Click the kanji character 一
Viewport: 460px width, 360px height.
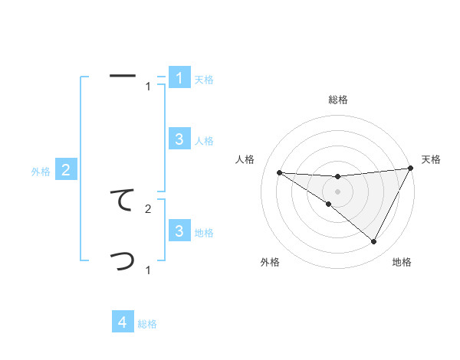pyautogui.click(x=123, y=76)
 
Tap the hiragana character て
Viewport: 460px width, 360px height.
pyautogui.click(x=123, y=200)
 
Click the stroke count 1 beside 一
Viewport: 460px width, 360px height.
pyautogui.click(x=148, y=87)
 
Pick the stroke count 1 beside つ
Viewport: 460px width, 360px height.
pyautogui.click(x=148, y=270)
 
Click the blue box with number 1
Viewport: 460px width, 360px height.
pyautogui.click(x=179, y=78)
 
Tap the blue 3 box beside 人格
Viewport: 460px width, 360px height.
pyautogui.click(x=179, y=139)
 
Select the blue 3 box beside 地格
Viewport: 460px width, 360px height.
pyautogui.click(x=179, y=231)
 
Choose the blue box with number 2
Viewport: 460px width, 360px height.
pyautogui.click(x=66, y=170)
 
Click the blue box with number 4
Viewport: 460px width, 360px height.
pyautogui.click(x=123, y=322)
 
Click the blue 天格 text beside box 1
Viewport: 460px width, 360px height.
pyautogui.click(x=204, y=80)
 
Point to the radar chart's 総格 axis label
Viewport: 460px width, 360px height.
pyautogui.click(x=338, y=100)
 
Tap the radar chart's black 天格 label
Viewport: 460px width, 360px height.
pyautogui.click(x=431, y=159)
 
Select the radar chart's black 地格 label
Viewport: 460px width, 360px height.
pyautogui.click(x=402, y=263)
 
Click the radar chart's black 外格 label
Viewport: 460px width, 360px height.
pyautogui.click(x=270, y=263)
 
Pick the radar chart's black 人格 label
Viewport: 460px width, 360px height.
pyautogui.click(x=245, y=159)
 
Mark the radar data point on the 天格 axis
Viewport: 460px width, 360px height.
pyautogui.click(x=411, y=168)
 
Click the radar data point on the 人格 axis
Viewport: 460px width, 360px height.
pyautogui.click(x=279, y=172)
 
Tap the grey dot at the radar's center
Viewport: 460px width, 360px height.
pyautogui.click(x=338, y=191)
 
